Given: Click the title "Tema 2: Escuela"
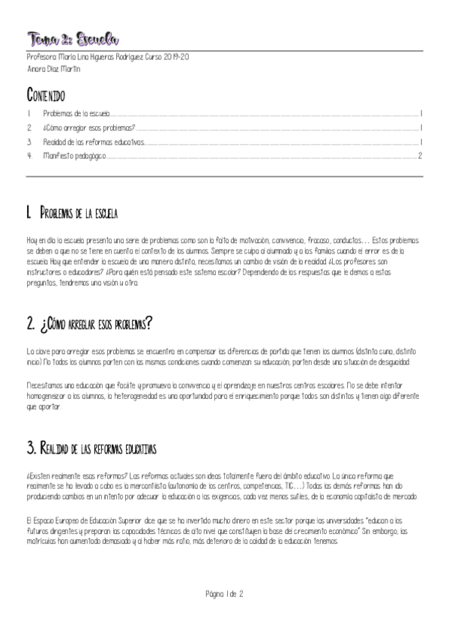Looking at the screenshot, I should point(73,38).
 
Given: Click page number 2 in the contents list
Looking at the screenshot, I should point(421,156).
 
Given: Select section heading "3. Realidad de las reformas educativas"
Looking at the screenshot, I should point(91,448).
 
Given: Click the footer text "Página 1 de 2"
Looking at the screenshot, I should point(224,593).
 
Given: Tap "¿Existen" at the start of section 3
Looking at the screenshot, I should point(37,475).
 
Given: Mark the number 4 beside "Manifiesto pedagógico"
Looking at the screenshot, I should point(28,156).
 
